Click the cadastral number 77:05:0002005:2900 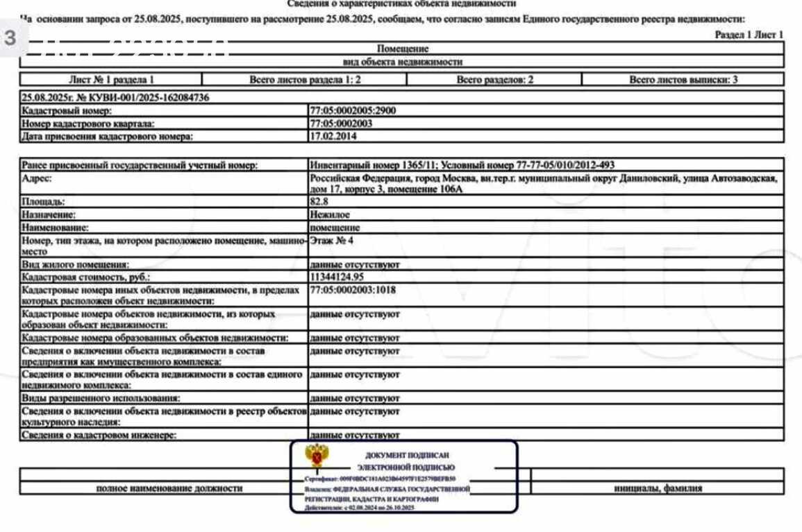click(353, 110)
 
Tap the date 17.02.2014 click(329, 136)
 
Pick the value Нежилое click(329, 214)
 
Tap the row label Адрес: click(37, 178)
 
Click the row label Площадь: click(44, 202)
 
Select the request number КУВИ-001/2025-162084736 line click(116, 98)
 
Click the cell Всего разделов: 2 click(494, 80)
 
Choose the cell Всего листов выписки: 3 click(683, 80)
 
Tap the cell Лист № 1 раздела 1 click(111, 80)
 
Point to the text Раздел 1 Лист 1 click(749, 35)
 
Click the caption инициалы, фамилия click(658, 488)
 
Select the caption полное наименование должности click(169, 488)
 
